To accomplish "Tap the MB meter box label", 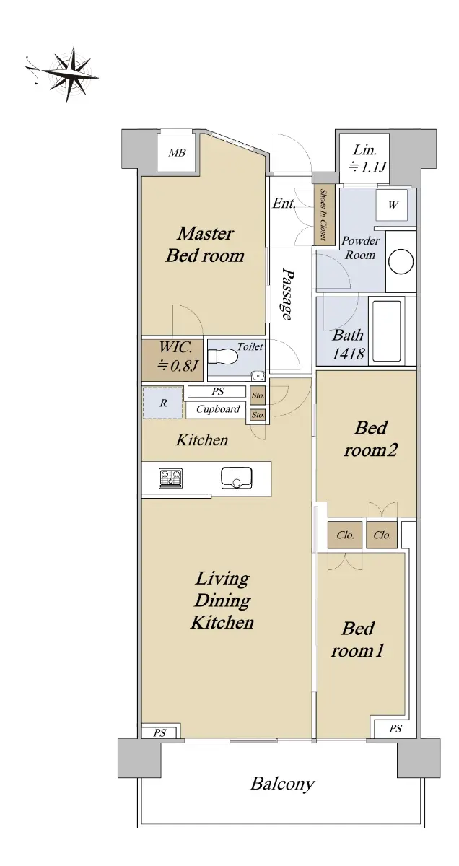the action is pos(177,153).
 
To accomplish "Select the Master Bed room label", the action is pos(205,245).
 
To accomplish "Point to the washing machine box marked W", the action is pos(392,205).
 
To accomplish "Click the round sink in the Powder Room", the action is pos(401,261).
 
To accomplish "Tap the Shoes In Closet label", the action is pos(323,214).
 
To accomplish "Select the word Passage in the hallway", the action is pos(287,294).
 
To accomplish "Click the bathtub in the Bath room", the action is pos(387,331).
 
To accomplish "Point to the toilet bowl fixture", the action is pos(223,357).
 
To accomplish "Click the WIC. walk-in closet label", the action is pos(178,356).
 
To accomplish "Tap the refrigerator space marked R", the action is pos(163,403).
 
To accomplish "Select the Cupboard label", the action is pos(218,409).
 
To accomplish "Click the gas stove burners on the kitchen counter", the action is pos(170,478).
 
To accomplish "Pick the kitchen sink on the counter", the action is pos(236,478).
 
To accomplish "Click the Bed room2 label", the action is pos(370,439).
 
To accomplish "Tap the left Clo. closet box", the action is pos(345,535).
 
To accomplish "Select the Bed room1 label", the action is pos(358,640).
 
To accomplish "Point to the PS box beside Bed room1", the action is pos(395,728).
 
